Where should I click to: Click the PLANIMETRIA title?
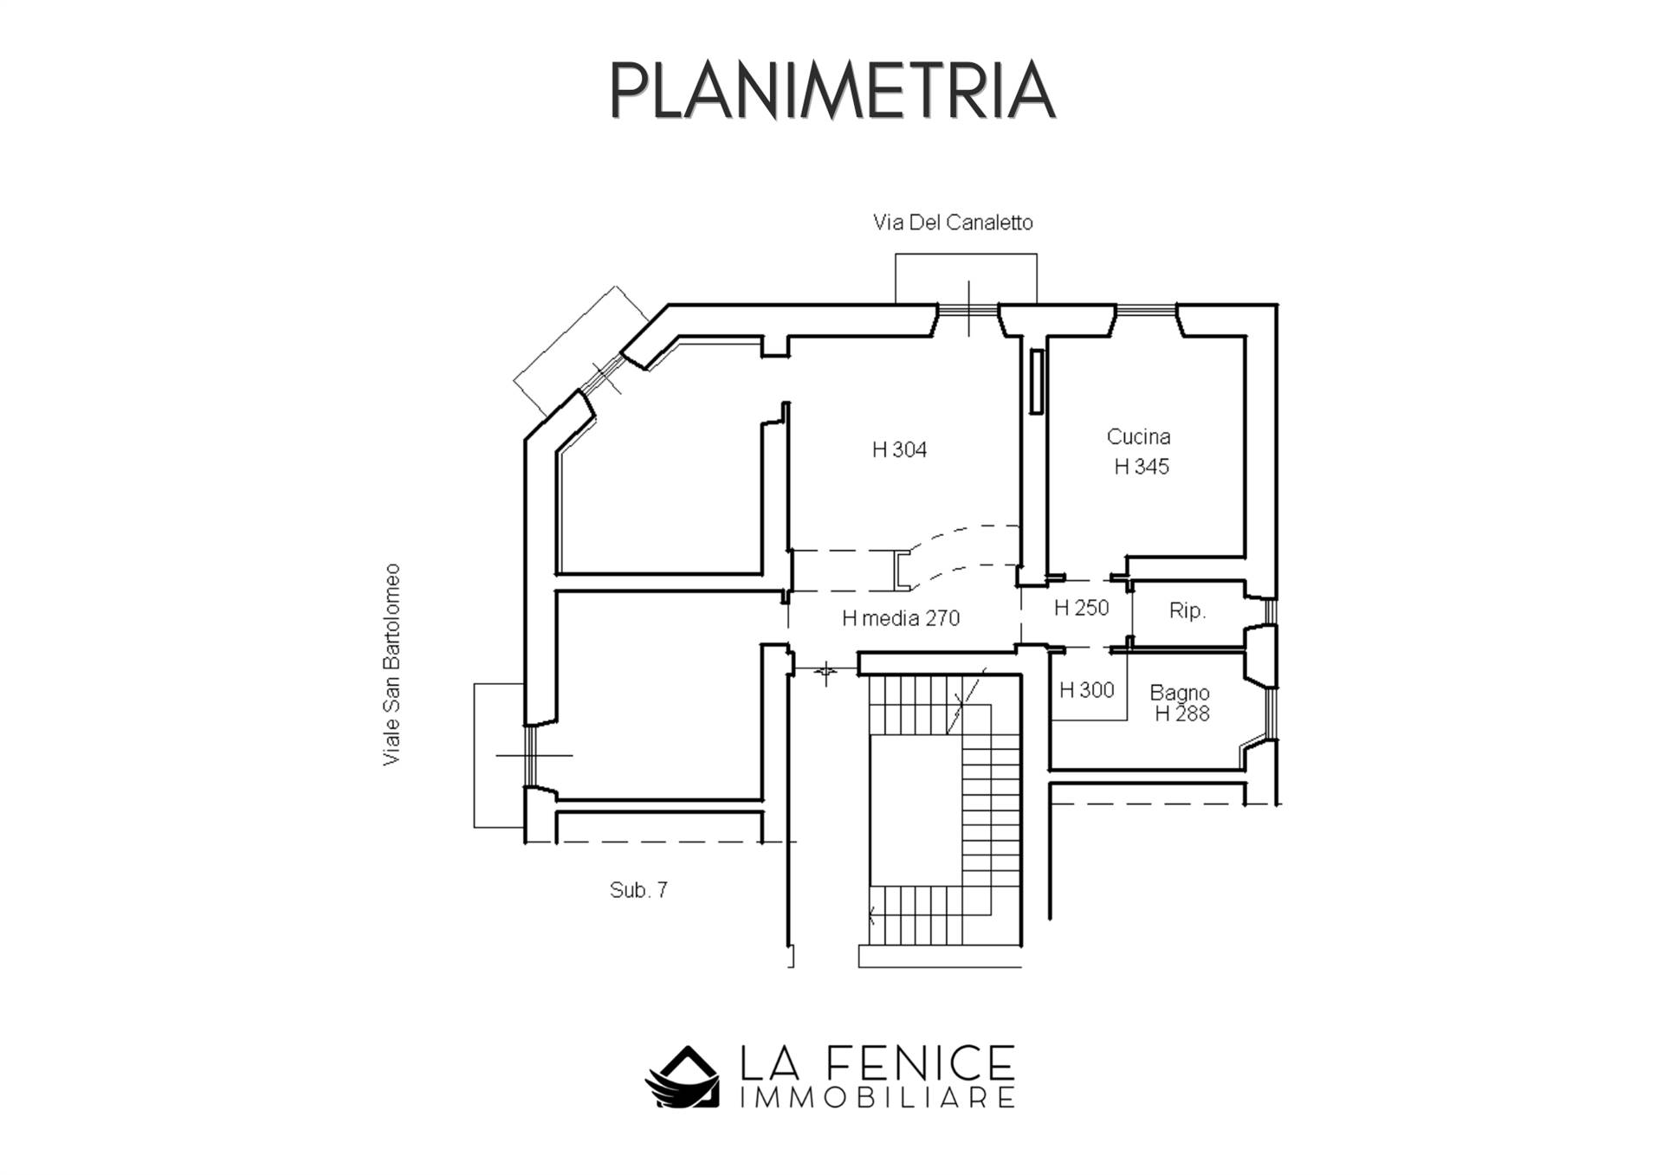(x=832, y=90)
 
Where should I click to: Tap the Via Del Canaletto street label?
(x=953, y=223)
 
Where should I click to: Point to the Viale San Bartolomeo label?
(x=391, y=664)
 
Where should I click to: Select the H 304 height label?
(x=899, y=449)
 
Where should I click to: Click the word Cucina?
(x=1138, y=437)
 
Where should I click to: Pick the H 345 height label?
(x=1142, y=467)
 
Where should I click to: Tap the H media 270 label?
(x=901, y=618)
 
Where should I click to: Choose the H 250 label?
(x=1081, y=608)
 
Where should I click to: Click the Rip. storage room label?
(x=1187, y=610)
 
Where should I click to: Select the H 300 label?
(x=1086, y=690)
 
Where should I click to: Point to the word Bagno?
(x=1180, y=693)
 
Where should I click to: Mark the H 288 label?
(x=1182, y=713)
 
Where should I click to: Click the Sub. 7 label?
(x=638, y=890)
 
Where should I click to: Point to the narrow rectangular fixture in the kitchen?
(x=1036, y=382)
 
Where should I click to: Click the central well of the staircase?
(x=916, y=810)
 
